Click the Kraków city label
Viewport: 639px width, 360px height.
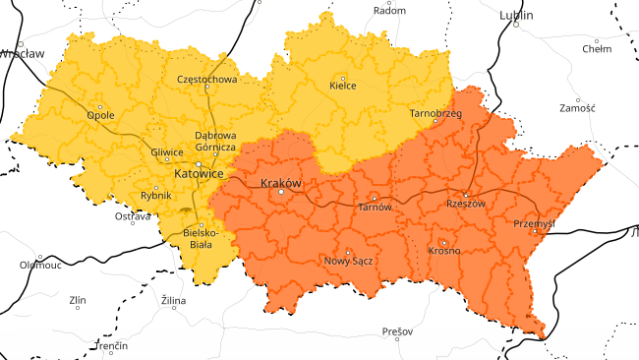(x=280, y=183)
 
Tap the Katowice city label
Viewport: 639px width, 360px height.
(x=199, y=173)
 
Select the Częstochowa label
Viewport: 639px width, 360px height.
(x=206, y=79)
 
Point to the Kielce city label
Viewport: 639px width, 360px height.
(x=342, y=87)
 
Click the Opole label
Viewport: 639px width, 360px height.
(x=100, y=115)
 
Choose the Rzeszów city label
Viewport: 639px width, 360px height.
(x=466, y=204)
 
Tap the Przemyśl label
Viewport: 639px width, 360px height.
(x=535, y=223)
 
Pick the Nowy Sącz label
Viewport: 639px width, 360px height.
(x=347, y=261)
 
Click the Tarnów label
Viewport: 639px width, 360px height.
(x=375, y=208)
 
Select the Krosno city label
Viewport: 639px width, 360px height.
(x=444, y=251)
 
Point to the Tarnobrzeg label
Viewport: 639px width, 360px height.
(x=436, y=113)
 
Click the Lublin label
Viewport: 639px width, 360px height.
(x=515, y=16)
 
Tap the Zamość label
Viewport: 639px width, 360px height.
(x=577, y=108)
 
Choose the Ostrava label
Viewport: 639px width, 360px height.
(x=133, y=215)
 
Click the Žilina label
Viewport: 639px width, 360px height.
(x=174, y=299)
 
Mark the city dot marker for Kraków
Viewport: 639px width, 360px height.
(x=281, y=193)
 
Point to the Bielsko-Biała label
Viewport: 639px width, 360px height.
(x=202, y=238)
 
